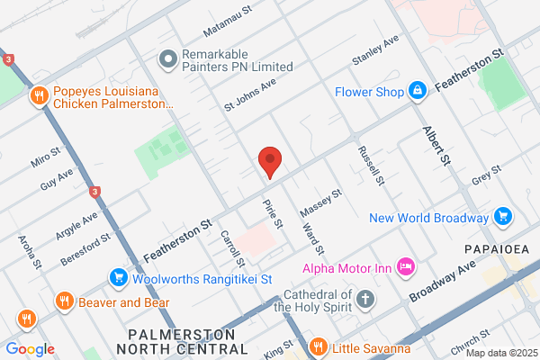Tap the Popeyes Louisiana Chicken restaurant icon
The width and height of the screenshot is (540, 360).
point(40,96)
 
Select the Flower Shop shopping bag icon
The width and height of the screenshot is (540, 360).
point(417,92)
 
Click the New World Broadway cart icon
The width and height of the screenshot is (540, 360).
point(503,217)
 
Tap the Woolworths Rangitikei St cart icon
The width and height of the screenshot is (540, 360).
point(117,279)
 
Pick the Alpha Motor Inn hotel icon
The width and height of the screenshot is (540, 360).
point(406,266)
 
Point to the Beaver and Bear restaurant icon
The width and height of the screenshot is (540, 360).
point(63,301)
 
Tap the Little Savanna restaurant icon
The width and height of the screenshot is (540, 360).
point(317,347)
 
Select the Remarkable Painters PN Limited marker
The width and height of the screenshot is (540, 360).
point(166,59)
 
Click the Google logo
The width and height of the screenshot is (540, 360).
point(30,349)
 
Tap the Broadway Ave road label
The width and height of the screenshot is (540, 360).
point(441,283)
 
